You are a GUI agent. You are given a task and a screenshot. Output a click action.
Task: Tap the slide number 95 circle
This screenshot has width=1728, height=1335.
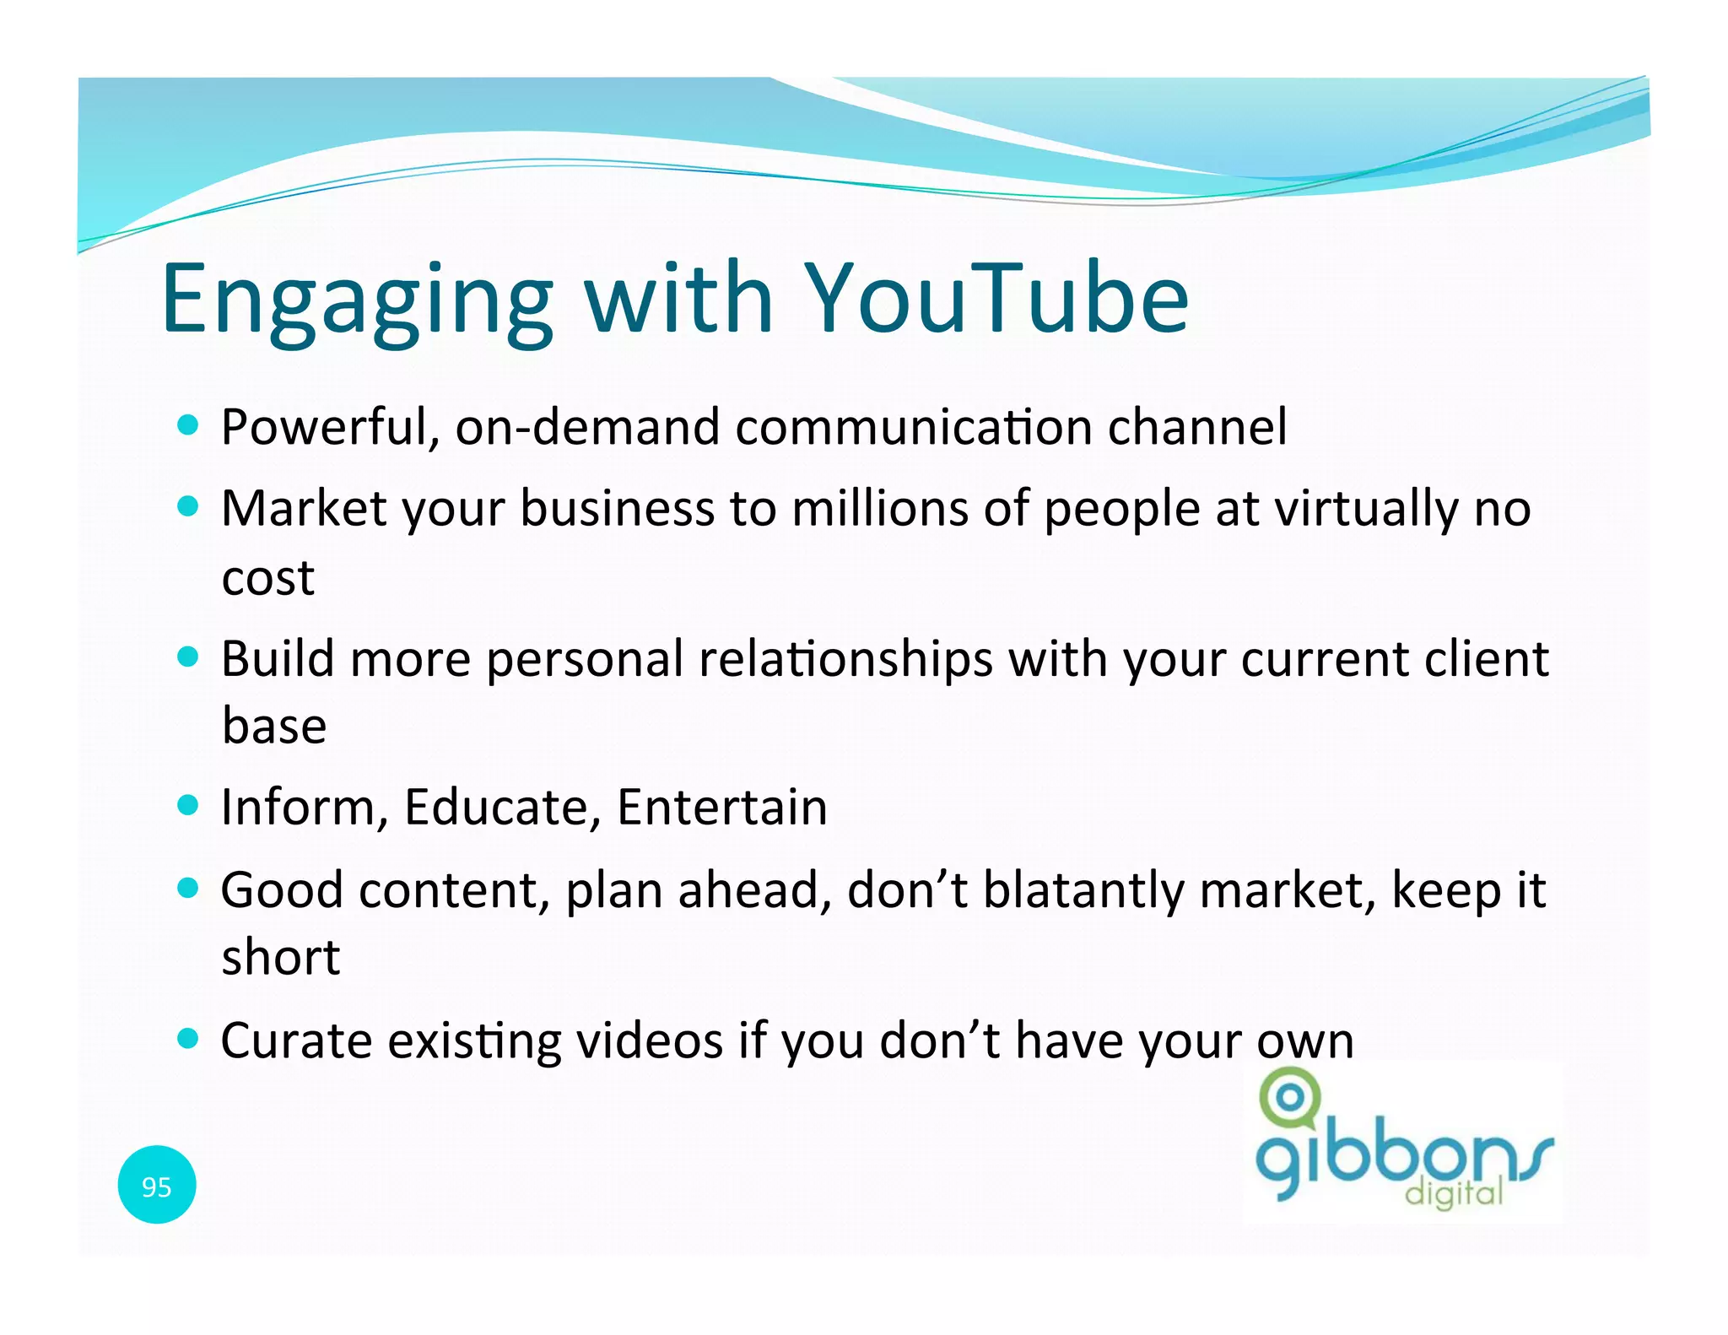[x=157, y=1186]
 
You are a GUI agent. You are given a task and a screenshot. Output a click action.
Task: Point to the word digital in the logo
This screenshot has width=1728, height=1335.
[x=1453, y=1193]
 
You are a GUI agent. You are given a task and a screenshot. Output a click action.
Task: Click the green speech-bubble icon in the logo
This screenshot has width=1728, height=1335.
[x=1289, y=1098]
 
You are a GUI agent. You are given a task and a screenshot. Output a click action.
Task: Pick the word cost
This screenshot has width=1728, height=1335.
[x=267, y=579]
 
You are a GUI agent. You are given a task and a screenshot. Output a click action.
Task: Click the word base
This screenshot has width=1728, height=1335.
[x=273, y=726]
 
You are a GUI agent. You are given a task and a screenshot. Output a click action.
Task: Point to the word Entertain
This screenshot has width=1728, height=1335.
[x=721, y=808]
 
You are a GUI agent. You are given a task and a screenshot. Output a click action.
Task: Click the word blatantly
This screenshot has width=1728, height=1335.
[x=1083, y=891]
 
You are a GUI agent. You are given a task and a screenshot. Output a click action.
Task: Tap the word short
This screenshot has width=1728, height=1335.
[x=280, y=959]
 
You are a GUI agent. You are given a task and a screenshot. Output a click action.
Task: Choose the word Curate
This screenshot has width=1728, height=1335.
[x=296, y=1041]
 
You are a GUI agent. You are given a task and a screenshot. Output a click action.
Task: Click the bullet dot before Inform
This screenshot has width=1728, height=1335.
[x=188, y=805]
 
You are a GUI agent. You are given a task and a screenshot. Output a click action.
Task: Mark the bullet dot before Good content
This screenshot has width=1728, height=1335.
[x=188, y=888]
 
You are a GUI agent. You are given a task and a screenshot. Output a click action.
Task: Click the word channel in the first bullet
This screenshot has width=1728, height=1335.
[x=1196, y=427]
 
